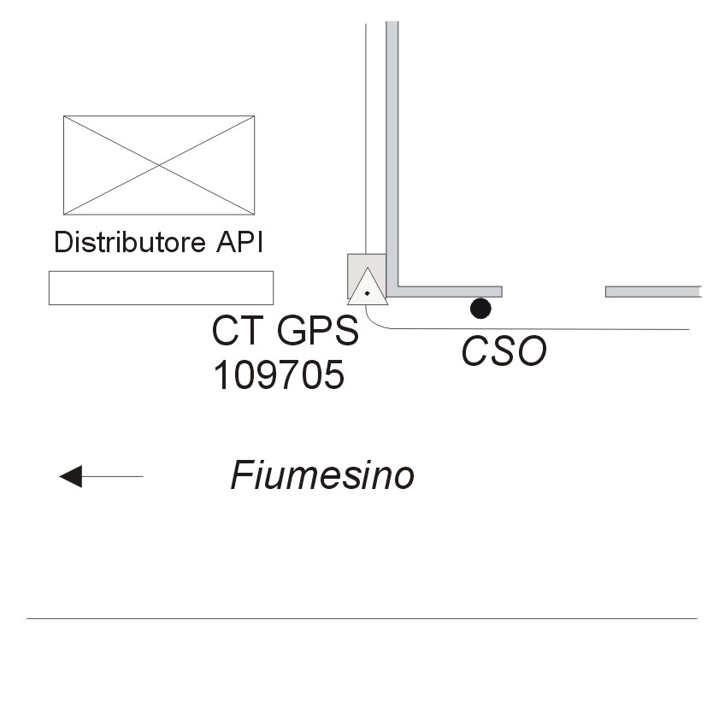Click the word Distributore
pos(126,243)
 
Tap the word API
pos(235,243)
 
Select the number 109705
pos(278,374)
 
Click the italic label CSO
pos(504,351)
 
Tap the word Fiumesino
pos(322,476)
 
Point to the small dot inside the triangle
pos(368,292)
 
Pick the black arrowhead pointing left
pos(70,476)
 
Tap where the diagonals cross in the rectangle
pos(159,165)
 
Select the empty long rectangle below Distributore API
pos(161,287)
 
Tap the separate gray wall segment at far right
pos(653,292)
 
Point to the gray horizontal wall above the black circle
pos(449,292)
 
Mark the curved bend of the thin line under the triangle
pos(373,322)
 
